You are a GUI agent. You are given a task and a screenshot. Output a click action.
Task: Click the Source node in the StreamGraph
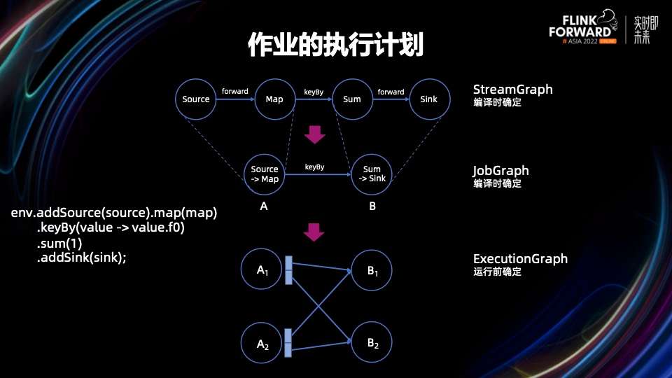point(196,99)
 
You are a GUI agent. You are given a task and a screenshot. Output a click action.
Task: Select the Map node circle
point(274,99)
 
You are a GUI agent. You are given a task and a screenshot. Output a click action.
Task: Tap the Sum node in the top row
point(352,99)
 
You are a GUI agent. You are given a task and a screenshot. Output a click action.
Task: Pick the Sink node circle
point(429,99)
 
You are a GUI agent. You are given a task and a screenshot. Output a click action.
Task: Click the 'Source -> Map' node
point(265,174)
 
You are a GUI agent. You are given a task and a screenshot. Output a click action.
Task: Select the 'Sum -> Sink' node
point(372,174)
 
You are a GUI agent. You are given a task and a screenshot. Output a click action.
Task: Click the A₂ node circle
point(263,343)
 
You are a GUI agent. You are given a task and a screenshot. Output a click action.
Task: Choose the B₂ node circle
point(372,343)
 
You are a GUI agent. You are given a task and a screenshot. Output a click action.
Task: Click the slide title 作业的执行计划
point(335,44)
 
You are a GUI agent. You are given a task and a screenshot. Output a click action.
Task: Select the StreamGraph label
point(512,90)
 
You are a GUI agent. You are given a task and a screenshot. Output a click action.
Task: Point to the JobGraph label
point(500,171)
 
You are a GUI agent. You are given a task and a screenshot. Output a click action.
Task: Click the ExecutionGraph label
point(520,259)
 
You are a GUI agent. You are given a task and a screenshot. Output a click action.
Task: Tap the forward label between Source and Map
point(234,92)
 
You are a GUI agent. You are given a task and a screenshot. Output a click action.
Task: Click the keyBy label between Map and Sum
point(313,92)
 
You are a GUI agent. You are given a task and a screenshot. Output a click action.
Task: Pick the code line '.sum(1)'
point(59,244)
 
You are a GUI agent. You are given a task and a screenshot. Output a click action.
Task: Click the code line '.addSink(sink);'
point(82,258)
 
